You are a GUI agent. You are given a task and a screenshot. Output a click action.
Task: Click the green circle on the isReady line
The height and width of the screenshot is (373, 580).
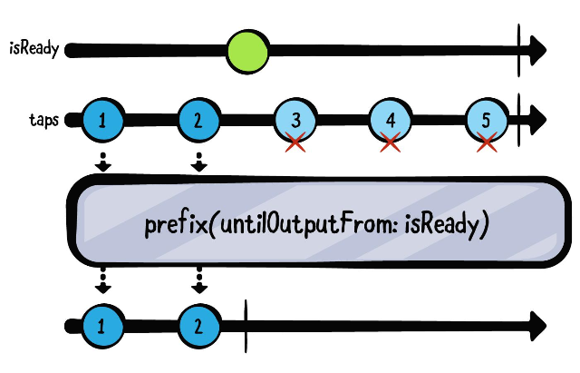click(x=247, y=50)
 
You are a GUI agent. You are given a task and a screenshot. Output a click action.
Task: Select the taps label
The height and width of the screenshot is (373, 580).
click(x=43, y=119)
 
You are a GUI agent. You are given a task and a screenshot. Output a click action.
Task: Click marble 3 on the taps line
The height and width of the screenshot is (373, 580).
click(x=295, y=120)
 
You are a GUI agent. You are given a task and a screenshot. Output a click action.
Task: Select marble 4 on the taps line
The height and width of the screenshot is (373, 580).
click(x=391, y=120)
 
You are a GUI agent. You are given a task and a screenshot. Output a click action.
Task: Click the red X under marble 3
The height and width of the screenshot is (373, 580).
click(x=295, y=142)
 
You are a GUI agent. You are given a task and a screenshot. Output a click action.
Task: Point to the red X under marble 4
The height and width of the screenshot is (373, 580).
click(x=391, y=142)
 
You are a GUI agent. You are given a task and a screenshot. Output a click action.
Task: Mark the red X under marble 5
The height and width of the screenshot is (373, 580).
click(x=488, y=142)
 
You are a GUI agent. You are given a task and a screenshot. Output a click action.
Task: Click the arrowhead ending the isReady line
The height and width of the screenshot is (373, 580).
click(x=537, y=49)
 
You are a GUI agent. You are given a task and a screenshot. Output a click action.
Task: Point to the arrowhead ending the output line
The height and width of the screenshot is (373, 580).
click(x=537, y=324)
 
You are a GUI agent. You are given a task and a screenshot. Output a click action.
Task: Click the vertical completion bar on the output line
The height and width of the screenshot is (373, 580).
click(x=246, y=324)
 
